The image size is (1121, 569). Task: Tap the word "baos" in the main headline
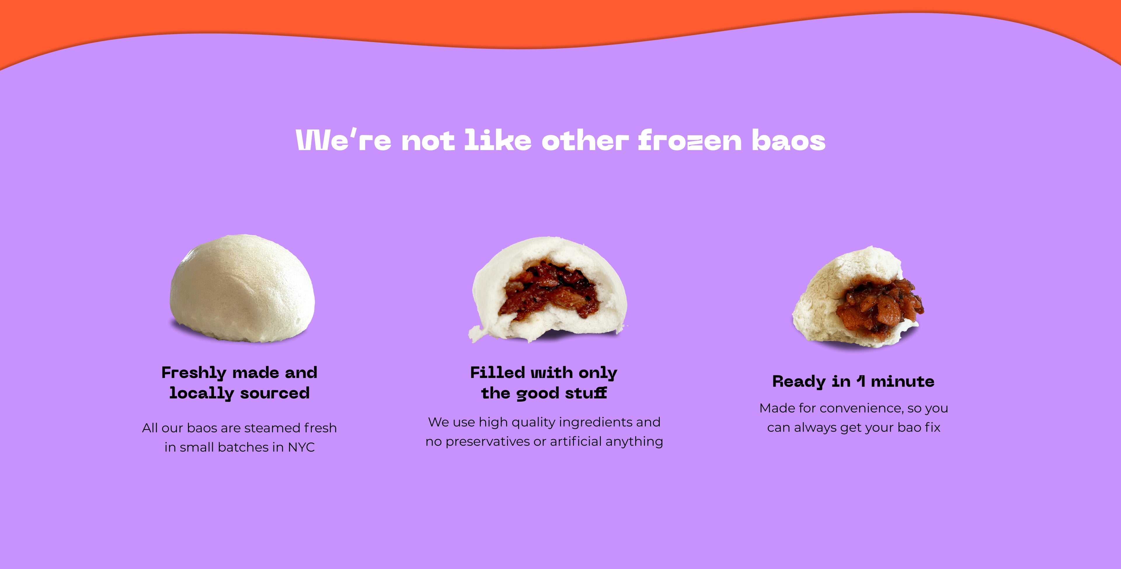[788, 140]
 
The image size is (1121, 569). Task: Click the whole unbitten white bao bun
[242, 288]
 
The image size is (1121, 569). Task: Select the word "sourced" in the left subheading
[275, 393]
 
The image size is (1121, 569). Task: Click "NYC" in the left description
[301, 447]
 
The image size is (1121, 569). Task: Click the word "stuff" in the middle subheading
[586, 393]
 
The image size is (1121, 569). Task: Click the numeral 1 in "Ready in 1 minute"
[860, 381]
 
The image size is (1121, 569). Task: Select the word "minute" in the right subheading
[903, 381]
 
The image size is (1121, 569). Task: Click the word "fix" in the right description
[933, 427]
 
